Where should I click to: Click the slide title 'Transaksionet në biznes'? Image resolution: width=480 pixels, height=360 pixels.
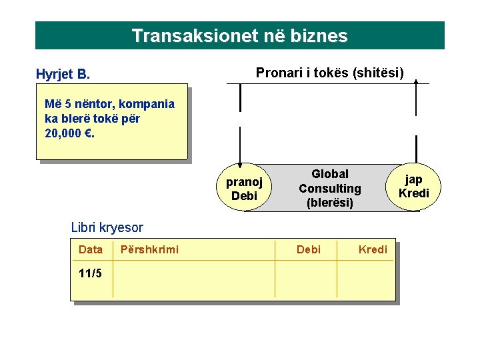point(239,35)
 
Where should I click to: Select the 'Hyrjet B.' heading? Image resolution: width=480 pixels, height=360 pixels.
point(63,73)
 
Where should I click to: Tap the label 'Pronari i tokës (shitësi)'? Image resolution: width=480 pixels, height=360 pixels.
point(329,71)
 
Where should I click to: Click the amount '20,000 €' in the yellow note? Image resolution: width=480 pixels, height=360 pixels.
point(67,133)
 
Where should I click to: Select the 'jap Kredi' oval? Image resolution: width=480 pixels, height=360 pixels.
point(414,186)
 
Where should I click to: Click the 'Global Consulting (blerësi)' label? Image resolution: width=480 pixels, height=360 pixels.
point(329,189)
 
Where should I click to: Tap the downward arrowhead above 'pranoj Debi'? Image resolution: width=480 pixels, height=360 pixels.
point(240,158)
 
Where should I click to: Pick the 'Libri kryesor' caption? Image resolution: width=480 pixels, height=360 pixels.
point(107,228)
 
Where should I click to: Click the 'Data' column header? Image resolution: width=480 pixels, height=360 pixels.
point(91,249)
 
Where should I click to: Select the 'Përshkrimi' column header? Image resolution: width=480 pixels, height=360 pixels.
point(149,249)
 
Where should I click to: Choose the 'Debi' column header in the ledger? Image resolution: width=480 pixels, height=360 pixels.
point(308,249)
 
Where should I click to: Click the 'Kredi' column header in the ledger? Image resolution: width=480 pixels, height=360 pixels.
point(373,249)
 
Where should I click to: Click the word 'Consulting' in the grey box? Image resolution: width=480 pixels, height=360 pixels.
point(329,189)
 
